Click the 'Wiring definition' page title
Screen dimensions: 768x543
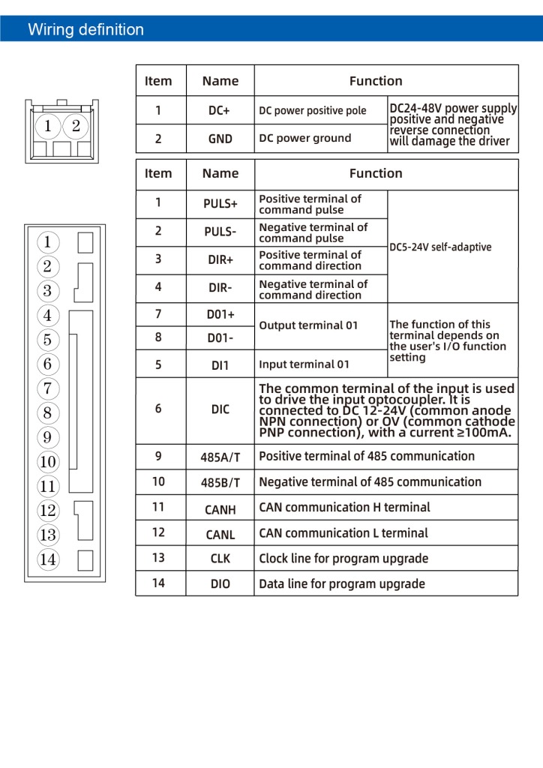click(85, 30)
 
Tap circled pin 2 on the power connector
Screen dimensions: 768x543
click(76, 126)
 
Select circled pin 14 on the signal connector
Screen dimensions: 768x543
click(47, 559)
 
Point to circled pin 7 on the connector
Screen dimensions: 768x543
click(47, 388)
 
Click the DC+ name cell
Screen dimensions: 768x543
click(220, 110)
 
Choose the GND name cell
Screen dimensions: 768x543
click(220, 139)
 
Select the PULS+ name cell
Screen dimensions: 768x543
click(220, 204)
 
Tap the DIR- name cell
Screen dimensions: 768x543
click(220, 288)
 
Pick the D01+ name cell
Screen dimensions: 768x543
click(220, 315)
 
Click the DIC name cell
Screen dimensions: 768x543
click(220, 409)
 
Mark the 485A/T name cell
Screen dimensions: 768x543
click(220, 457)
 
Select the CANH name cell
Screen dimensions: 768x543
click(220, 509)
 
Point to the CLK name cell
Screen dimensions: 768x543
click(220, 559)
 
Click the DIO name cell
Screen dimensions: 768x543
click(220, 584)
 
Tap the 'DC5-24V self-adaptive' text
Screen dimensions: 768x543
click(441, 247)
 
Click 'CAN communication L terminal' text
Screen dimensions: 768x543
click(343, 533)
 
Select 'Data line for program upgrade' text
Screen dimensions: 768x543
click(342, 583)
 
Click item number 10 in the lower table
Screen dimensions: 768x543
click(158, 481)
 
